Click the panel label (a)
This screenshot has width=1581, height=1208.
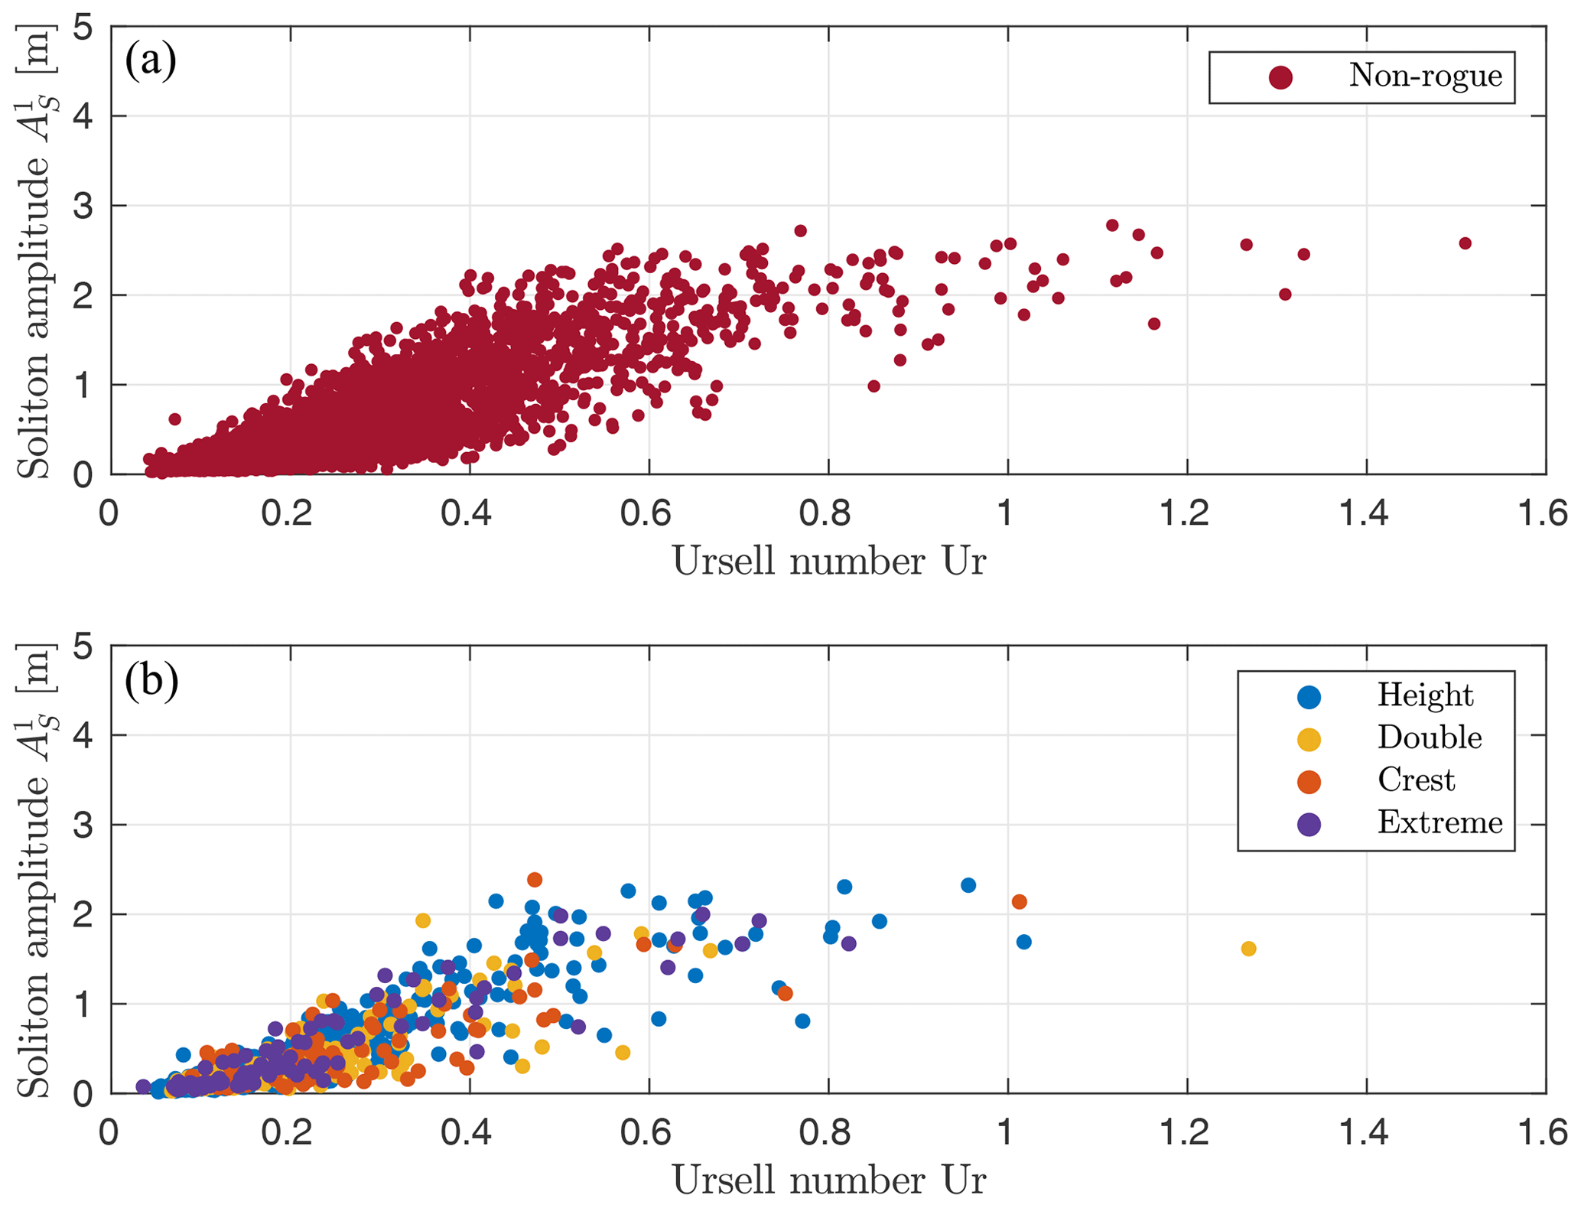tap(151, 61)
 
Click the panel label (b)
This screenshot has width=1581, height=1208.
tap(151, 680)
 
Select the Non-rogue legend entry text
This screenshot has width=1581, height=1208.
tap(1425, 76)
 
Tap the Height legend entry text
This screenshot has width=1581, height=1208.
tap(1424, 695)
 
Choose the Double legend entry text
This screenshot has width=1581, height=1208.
tap(1429, 737)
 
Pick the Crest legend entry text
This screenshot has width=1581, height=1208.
tap(1416, 780)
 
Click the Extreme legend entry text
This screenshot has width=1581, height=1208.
tap(1439, 822)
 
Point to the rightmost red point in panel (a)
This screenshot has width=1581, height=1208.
tap(1465, 243)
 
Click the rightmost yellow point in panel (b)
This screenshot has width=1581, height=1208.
tap(1248, 949)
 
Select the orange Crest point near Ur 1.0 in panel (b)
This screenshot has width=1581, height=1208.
tap(1019, 902)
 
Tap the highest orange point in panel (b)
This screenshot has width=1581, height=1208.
tap(535, 880)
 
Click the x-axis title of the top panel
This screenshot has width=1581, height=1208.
tap(828, 562)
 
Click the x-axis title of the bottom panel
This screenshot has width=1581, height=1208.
tap(828, 1180)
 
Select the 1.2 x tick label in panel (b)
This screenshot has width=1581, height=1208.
tap(1185, 1133)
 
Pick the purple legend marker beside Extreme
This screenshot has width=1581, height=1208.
tap(1309, 824)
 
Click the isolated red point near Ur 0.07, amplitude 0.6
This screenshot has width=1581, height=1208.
tap(174, 419)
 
